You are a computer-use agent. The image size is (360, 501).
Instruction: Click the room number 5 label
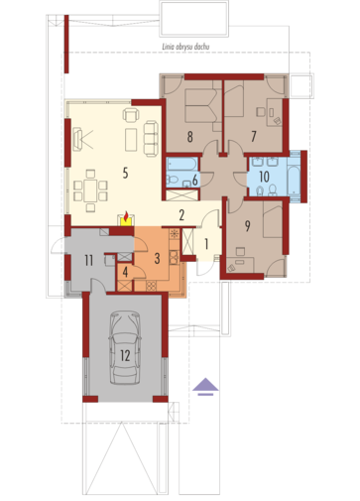tap(125, 173)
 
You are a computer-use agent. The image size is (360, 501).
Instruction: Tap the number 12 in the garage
tap(125, 356)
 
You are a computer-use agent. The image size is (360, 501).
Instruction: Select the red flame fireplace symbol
tap(126, 219)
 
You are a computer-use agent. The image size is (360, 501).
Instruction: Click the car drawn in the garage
tap(125, 347)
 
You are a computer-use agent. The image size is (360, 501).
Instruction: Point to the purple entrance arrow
tap(205, 387)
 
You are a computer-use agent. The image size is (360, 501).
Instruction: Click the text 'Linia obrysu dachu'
tap(185, 47)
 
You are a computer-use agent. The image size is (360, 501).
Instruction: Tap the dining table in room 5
tap(90, 190)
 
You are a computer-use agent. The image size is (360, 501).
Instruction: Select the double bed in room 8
tap(200, 105)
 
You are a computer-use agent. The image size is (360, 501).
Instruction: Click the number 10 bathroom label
tap(264, 177)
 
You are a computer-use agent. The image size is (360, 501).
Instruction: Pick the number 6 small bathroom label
tap(194, 181)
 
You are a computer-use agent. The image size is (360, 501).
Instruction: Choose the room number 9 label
tap(247, 226)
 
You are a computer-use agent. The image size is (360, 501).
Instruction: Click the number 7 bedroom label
tap(254, 136)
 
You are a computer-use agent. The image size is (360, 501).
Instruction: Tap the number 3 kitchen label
tap(157, 258)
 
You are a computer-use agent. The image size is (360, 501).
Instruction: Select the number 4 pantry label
tap(125, 272)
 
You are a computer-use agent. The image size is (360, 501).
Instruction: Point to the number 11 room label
tap(88, 261)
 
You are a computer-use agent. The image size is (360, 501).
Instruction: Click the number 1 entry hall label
tap(206, 244)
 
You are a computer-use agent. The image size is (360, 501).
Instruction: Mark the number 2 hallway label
tap(181, 215)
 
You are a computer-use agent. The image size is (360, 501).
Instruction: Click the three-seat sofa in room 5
tap(151, 139)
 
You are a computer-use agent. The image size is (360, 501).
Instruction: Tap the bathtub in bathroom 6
tap(181, 165)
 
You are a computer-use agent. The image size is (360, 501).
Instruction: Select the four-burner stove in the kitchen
tap(151, 286)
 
